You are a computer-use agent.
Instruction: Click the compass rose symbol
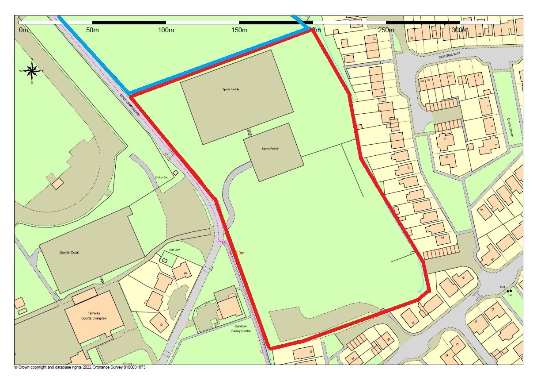32,70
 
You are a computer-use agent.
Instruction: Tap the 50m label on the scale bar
92,30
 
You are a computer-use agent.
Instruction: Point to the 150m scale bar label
239,30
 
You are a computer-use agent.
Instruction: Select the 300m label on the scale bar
460,30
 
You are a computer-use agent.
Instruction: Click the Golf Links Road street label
129,105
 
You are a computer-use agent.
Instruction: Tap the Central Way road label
450,57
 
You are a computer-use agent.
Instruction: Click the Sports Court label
69,252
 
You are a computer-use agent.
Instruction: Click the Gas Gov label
174,250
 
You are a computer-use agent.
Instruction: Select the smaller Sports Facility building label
270,149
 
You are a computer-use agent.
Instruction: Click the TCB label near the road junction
502,287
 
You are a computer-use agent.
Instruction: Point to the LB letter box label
510,295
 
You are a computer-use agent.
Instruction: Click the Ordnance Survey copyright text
80,367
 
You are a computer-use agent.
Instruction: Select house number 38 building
463,278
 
